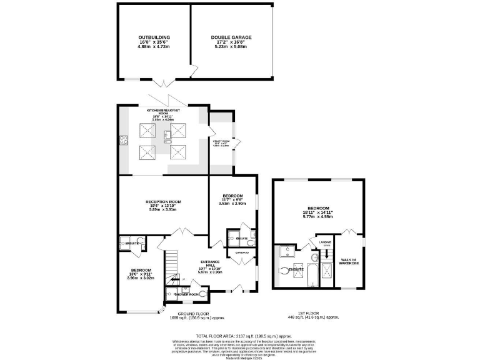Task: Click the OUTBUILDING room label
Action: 154,37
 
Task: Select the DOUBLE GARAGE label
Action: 231,37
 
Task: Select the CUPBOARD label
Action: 242,252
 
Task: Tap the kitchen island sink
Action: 167,134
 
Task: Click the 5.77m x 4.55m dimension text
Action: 318,217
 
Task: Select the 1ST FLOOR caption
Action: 319,314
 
